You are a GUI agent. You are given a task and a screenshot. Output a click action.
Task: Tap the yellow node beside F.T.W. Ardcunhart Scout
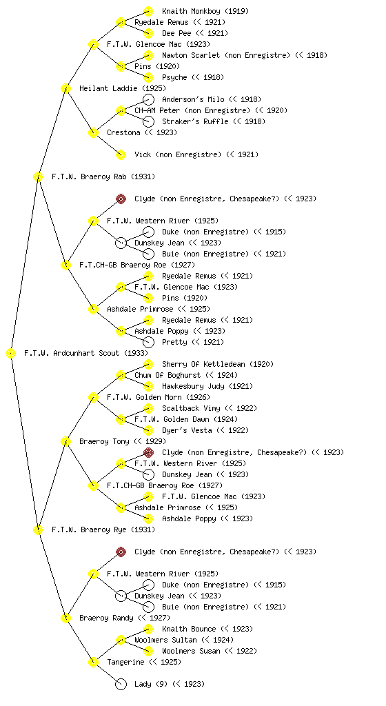click(11, 354)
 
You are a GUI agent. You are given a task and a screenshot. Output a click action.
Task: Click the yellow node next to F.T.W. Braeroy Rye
click(38, 530)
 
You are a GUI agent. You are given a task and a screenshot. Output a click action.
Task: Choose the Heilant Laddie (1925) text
click(123, 88)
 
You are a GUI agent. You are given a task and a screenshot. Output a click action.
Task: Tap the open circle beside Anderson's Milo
click(148, 99)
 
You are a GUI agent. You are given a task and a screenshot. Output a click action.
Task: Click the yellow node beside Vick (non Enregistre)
click(121, 155)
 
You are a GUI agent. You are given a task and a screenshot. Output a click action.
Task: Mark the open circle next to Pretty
click(148, 342)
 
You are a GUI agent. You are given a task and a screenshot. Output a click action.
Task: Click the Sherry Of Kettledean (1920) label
click(218, 364)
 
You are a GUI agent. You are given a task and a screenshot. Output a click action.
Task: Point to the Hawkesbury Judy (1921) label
click(207, 386)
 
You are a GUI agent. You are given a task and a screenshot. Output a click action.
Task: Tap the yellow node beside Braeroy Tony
click(65, 442)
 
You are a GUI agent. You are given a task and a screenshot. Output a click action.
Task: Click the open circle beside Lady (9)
click(121, 685)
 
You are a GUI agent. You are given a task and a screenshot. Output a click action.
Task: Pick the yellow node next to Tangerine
click(93, 663)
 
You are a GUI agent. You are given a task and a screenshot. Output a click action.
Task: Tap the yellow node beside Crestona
click(93, 133)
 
